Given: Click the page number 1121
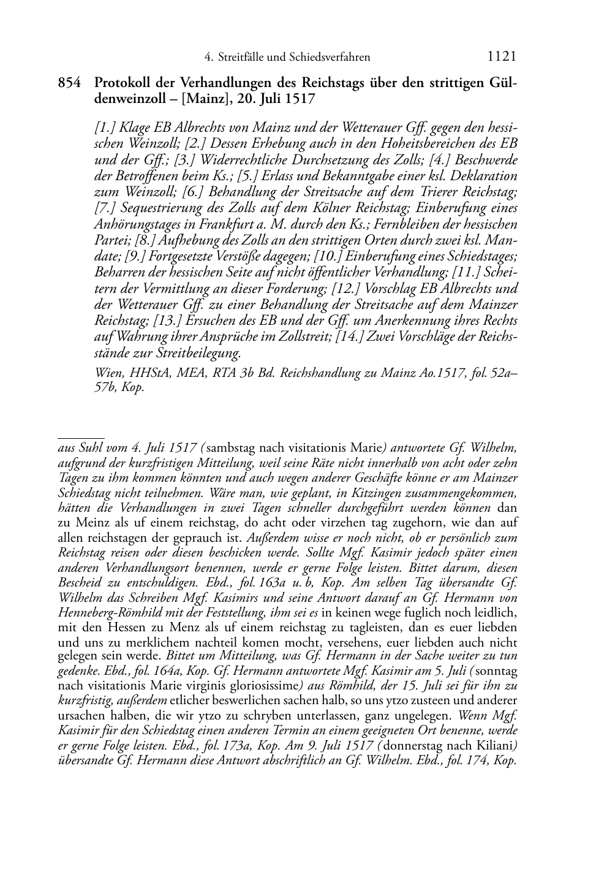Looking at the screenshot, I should tap(502, 57).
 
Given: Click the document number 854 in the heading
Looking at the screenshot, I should tap(69, 83).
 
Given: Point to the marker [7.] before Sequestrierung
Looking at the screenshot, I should tap(105, 208).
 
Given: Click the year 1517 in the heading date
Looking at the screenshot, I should tap(300, 98).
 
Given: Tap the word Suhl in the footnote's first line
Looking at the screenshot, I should tap(85, 448).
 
